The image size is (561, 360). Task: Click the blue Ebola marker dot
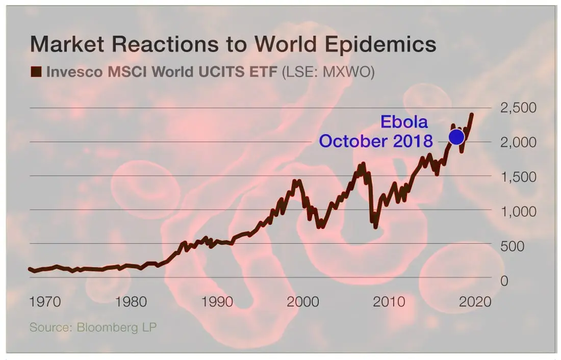pos(456,137)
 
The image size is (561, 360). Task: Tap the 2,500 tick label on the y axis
pos(518,108)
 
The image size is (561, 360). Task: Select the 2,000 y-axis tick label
pos(518,142)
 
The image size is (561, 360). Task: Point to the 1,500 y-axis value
pos(518,177)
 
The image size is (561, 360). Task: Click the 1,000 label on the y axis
pos(518,212)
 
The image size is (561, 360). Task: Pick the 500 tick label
pos(512,246)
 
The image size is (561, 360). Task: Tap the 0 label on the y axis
pos(504,281)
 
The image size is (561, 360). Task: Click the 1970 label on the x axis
pos(45,301)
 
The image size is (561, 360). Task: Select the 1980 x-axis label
pos(131,301)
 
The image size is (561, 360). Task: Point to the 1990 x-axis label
pos(217,301)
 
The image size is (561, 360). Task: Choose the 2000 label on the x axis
pos(302,301)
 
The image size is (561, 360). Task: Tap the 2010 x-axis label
pos(388,301)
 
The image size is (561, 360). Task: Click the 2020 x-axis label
pos(474,301)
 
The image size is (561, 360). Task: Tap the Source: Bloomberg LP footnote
pos(93,327)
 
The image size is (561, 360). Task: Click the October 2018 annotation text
pos(376,141)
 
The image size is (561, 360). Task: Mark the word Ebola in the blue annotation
pos(404,122)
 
